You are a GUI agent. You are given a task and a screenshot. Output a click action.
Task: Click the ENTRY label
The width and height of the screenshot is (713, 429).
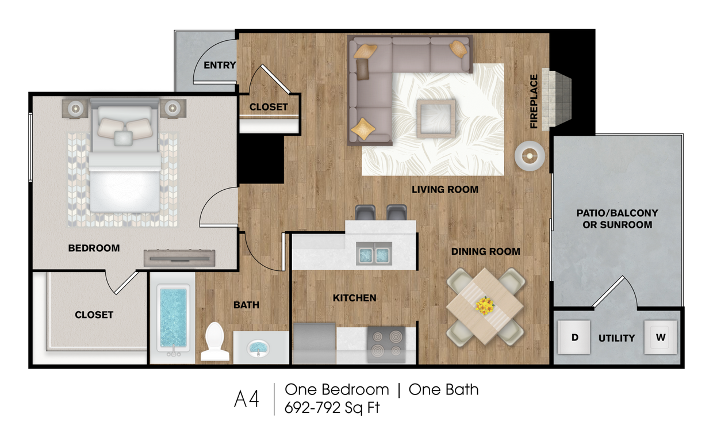coord(220,65)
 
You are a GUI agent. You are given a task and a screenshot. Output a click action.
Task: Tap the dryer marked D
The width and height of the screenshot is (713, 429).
coord(574,337)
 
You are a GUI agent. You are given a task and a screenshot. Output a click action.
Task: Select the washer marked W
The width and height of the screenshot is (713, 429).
coord(660,337)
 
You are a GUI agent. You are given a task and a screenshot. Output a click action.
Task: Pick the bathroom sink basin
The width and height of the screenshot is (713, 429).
coord(258,347)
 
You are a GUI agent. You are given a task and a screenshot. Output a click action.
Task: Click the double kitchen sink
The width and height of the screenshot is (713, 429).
coord(374,253)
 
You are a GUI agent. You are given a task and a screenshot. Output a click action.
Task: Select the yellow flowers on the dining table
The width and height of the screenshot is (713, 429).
coord(485,306)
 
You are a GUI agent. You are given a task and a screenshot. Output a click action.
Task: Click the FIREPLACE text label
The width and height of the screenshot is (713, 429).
coord(534,101)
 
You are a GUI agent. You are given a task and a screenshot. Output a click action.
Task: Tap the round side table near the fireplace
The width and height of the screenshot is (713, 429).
coord(529,155)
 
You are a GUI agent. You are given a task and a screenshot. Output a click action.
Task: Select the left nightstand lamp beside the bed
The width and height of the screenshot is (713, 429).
coord(75,108)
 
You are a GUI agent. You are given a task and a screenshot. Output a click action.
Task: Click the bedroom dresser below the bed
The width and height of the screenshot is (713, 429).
coord(179,258)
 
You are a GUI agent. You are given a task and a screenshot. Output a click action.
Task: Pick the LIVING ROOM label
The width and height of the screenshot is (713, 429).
coord(444,189)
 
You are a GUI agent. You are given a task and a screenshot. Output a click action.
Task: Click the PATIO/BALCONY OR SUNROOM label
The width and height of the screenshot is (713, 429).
coord(617,219)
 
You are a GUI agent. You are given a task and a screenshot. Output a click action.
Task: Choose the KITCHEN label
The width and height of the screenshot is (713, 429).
coord(354,298)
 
